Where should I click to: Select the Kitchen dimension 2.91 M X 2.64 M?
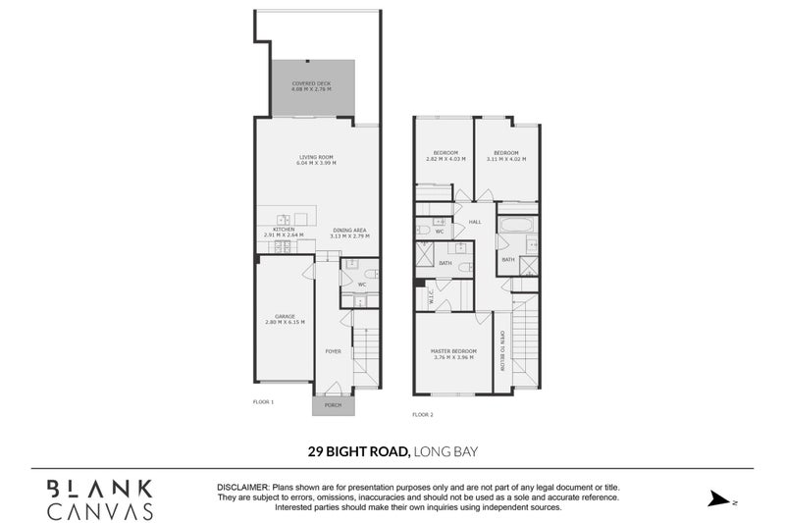(x=284, y=235)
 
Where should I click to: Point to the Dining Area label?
(x=349, y=229)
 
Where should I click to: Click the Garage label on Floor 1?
(x=285, y=316)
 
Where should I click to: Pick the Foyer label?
(x=334, y=350)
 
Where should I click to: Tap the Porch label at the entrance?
(x=334, y=404)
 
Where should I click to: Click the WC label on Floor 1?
(x=361, y=285)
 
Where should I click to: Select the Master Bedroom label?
(x=453, y=350)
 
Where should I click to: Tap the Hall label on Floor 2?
(x=474, y=223)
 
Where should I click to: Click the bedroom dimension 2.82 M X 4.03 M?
(x=446, y=159)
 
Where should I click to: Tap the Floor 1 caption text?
(x=263, y=401)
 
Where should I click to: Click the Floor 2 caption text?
(x=422, y=415)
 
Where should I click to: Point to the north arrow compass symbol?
(x=720, y=499)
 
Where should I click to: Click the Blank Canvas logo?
(x=100, y=498)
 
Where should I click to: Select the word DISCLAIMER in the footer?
(x=242, y=488)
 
